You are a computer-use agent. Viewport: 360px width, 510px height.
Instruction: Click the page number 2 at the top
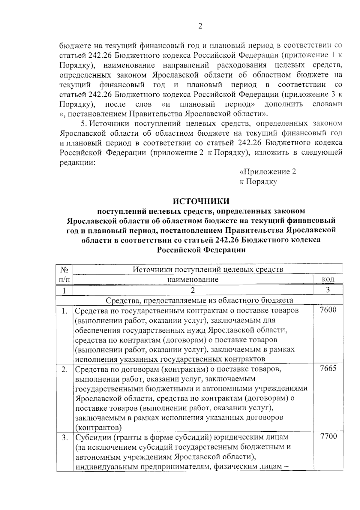click(200, 26)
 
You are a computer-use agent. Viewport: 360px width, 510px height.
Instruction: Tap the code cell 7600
click(328, 310)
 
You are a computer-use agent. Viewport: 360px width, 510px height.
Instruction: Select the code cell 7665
click(328, 369)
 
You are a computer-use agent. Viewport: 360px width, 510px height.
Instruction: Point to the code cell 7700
click(328, 436)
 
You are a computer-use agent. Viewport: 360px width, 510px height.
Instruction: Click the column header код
click(328, 279)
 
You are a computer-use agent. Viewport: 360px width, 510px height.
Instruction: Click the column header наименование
click(193, 279)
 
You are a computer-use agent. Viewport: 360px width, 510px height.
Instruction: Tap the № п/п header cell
click(64, 274)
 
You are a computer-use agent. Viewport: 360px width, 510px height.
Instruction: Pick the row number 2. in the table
click(64, 370)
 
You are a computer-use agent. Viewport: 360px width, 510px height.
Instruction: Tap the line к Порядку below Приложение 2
click(258, 182)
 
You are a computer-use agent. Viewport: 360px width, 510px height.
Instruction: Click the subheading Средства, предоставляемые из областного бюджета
click(199, 300)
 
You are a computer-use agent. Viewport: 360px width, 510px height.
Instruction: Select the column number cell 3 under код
click(328, 290)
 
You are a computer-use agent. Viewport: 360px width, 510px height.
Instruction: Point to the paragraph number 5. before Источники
click(84, 124)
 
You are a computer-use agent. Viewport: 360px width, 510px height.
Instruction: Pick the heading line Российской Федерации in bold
click(201, 250)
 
